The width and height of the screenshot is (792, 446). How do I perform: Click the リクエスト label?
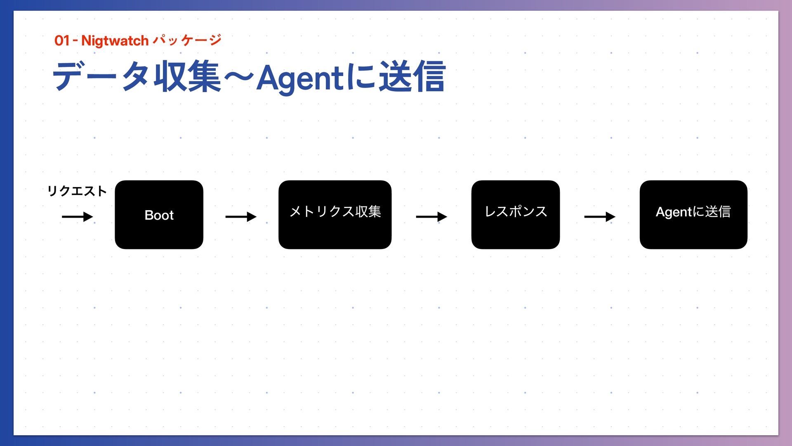[x=77, y=191]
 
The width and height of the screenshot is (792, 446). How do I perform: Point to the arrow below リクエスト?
[x=77, y=216]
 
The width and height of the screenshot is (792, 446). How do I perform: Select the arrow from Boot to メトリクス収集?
[x=240, y=216]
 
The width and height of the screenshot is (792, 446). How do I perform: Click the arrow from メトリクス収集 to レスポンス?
[x=431, y=216]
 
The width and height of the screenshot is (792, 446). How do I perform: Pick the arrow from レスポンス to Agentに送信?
[x=599, y=216]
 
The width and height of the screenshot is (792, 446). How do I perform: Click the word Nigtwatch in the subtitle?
[x=115, y=40]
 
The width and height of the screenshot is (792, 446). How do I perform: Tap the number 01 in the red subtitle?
[x=61, y=40]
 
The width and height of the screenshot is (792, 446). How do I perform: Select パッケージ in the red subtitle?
[x=187, y=40]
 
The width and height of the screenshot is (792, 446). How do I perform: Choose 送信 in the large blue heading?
[x=412, y=76]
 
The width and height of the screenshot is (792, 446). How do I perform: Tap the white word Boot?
[x=159, y=215]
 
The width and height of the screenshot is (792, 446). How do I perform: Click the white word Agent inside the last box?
[x=674, y=212]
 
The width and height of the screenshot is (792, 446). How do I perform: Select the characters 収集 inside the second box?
[x=368, y=211]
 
